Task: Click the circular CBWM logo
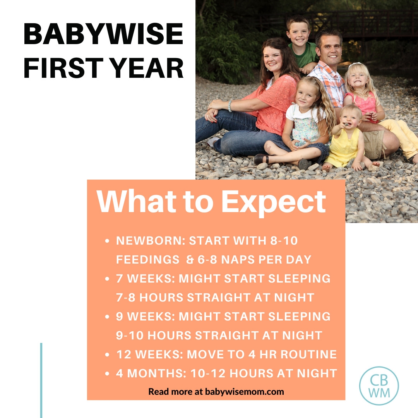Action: [379, 385]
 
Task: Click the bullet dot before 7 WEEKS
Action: [107, 279]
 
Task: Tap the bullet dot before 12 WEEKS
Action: [107, 355]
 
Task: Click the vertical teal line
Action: [41, 379]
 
